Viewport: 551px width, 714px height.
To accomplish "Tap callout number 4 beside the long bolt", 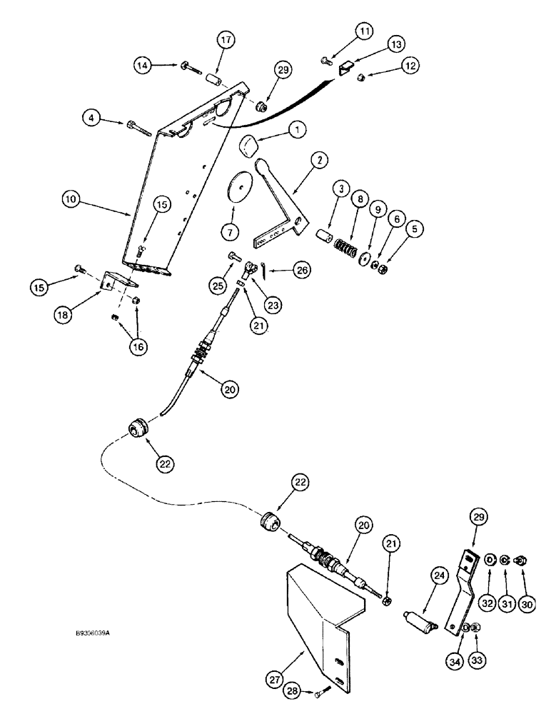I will [92, 117].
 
